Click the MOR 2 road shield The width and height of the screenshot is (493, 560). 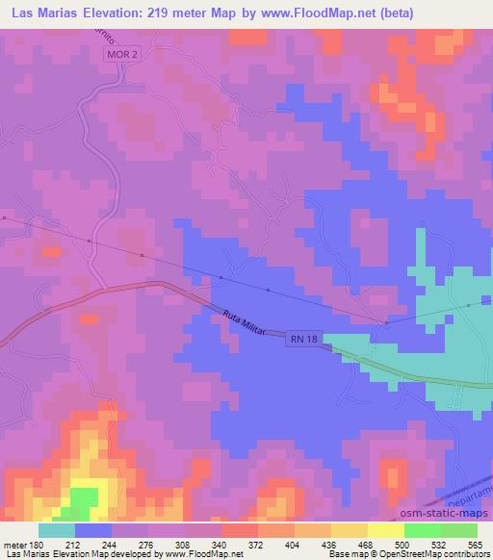click(x=117, y=58)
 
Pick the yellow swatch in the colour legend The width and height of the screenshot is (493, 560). click(x=386, y=530)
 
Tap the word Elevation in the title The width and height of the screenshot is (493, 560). click(x=107, y=14)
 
